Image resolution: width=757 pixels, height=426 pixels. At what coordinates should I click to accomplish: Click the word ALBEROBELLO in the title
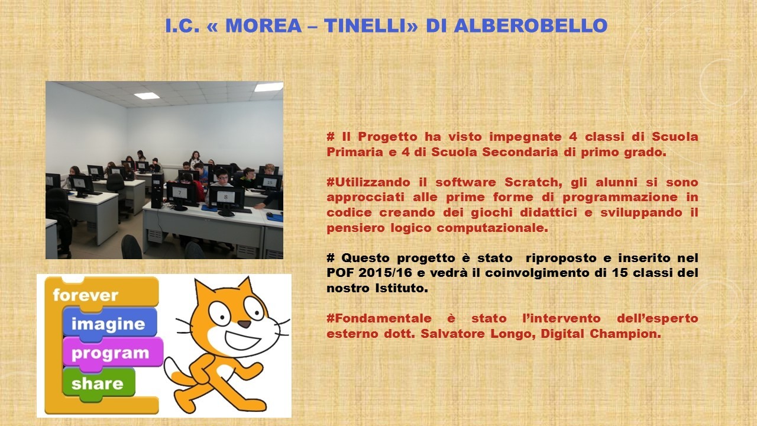(530, 25)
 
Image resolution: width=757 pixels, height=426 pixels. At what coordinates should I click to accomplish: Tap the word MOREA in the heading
(263, 25)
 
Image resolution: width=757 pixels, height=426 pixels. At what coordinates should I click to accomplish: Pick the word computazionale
(492, 228)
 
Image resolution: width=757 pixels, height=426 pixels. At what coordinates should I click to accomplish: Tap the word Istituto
(402, 288)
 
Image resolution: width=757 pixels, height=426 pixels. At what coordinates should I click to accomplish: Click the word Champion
(625, 334)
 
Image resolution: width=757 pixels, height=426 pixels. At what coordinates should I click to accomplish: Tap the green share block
(99, 384)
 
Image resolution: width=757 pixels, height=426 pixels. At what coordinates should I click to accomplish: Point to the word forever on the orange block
(86, 295)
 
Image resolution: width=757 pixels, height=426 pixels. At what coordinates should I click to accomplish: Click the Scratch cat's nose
(244, 324)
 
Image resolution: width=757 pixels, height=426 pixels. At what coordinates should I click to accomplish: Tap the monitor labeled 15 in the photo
(270, 183)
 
